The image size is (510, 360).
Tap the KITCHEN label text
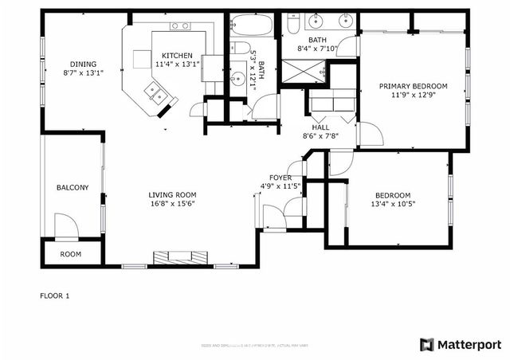pyautogui.click(x=172, y=55)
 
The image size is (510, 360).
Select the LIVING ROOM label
pyautogui.click(x=172, y=195)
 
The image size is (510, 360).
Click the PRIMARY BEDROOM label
pyautogui.click(x=413, y=86)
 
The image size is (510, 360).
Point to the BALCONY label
pyautogui.click(x=72, y=188)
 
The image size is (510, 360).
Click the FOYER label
pyautogui.click(x=280, y=178)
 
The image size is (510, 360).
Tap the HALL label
pyautogui.click(x=320, y=127)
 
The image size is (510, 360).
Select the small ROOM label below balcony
pyautogui.click(x=71, y=254)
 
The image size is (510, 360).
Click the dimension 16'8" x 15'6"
pyautogui.click(x=172, y=204)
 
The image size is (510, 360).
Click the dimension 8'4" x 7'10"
pyautogui.click(x=318, y=49)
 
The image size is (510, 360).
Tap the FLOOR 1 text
pyautogui.click(x=55, y=296)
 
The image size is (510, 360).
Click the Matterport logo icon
pyautogui.click(x=427, y=344)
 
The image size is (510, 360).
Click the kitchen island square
pyautogui.click(x=142, y=57)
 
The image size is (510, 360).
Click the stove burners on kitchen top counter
pyautogui.click(x=181, y=26)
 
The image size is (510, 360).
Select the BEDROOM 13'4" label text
pyautogui.click(x=392, y=195)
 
